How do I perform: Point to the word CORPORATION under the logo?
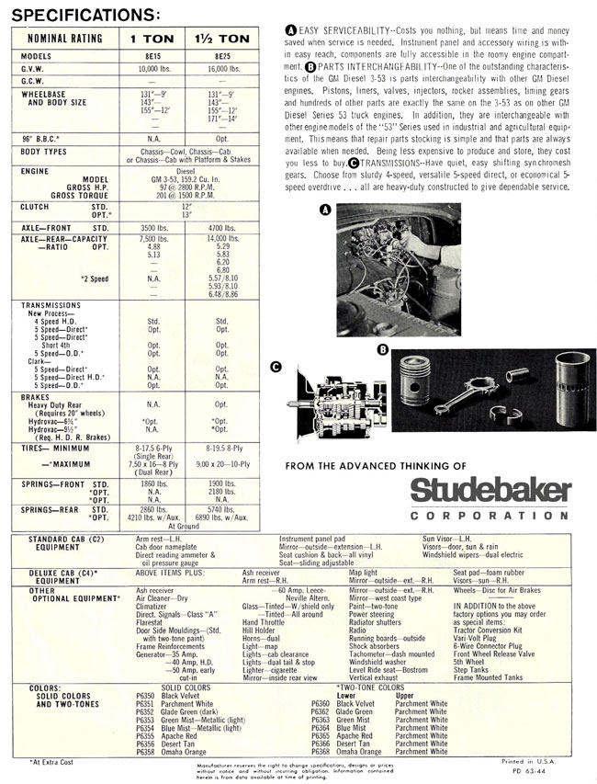point(490,516)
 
